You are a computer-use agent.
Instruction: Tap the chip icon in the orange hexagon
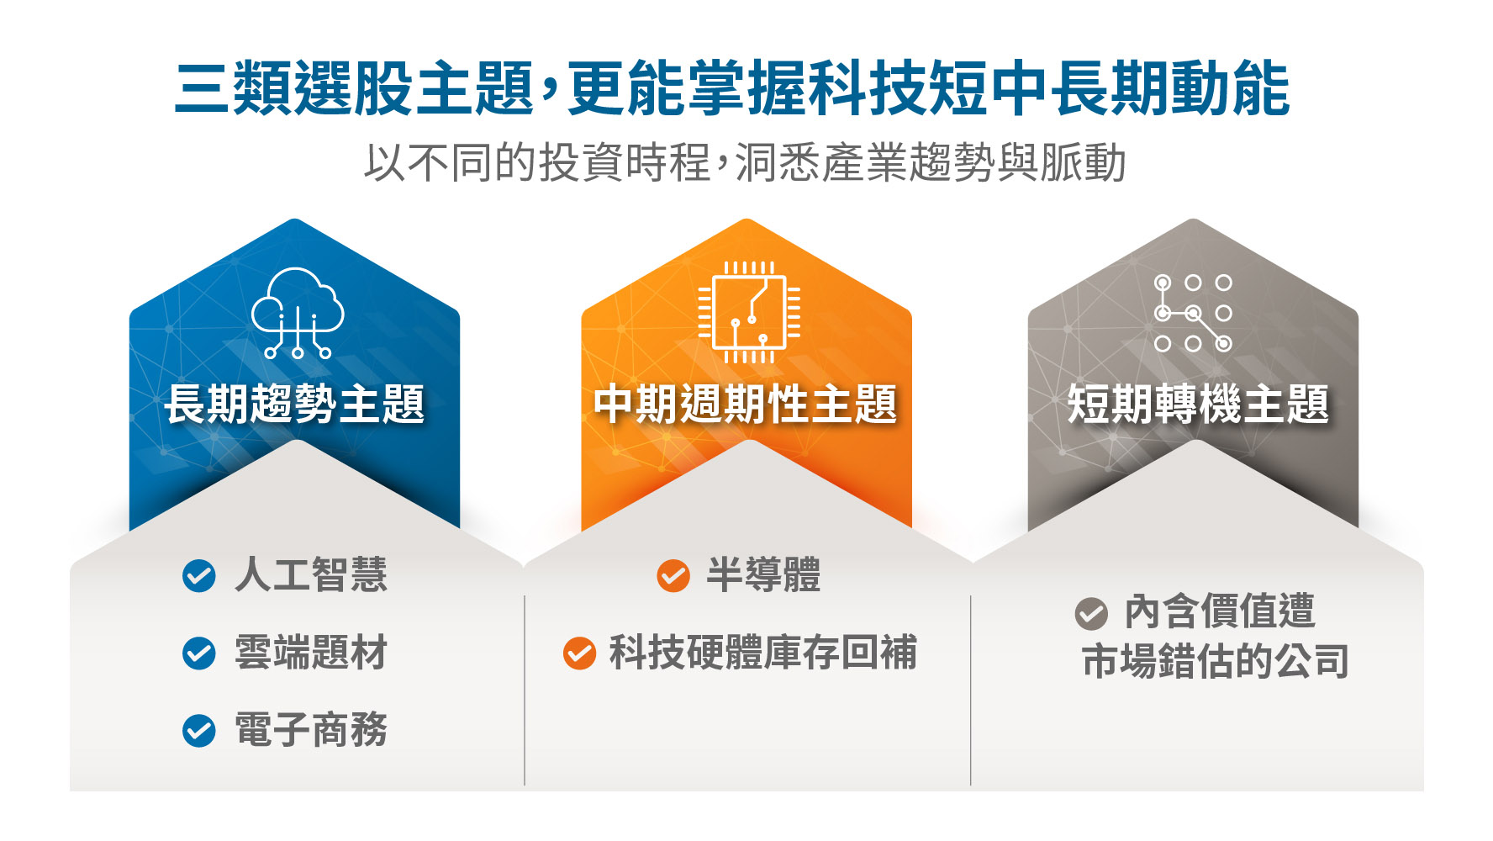[749, 312]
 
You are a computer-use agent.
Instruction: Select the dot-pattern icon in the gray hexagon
[1193, 313]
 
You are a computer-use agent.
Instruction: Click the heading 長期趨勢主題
[294, 404]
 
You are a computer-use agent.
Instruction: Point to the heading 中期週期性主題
[746, 404]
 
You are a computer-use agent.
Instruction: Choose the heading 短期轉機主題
[1198, 404]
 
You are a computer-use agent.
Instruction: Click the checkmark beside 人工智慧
[199, 576]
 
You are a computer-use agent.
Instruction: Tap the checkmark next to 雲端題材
[199, 653]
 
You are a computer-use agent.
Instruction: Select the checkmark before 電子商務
[199, 731]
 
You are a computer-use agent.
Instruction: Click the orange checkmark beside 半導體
[673, 576]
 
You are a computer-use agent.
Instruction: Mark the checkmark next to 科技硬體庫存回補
[579, 653]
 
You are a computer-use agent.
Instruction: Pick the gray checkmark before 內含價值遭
[1091, 613]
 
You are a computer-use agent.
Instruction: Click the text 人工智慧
[311, 575]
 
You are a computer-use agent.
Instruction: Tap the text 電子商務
[311, 730]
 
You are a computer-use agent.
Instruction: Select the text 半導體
[763, 575]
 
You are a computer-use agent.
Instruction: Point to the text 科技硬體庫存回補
[763, 653]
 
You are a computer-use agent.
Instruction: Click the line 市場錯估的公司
[1216, 661]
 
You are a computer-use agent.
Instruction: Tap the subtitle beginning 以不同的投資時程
[745, 162]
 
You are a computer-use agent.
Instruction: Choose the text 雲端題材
[311, 653]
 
